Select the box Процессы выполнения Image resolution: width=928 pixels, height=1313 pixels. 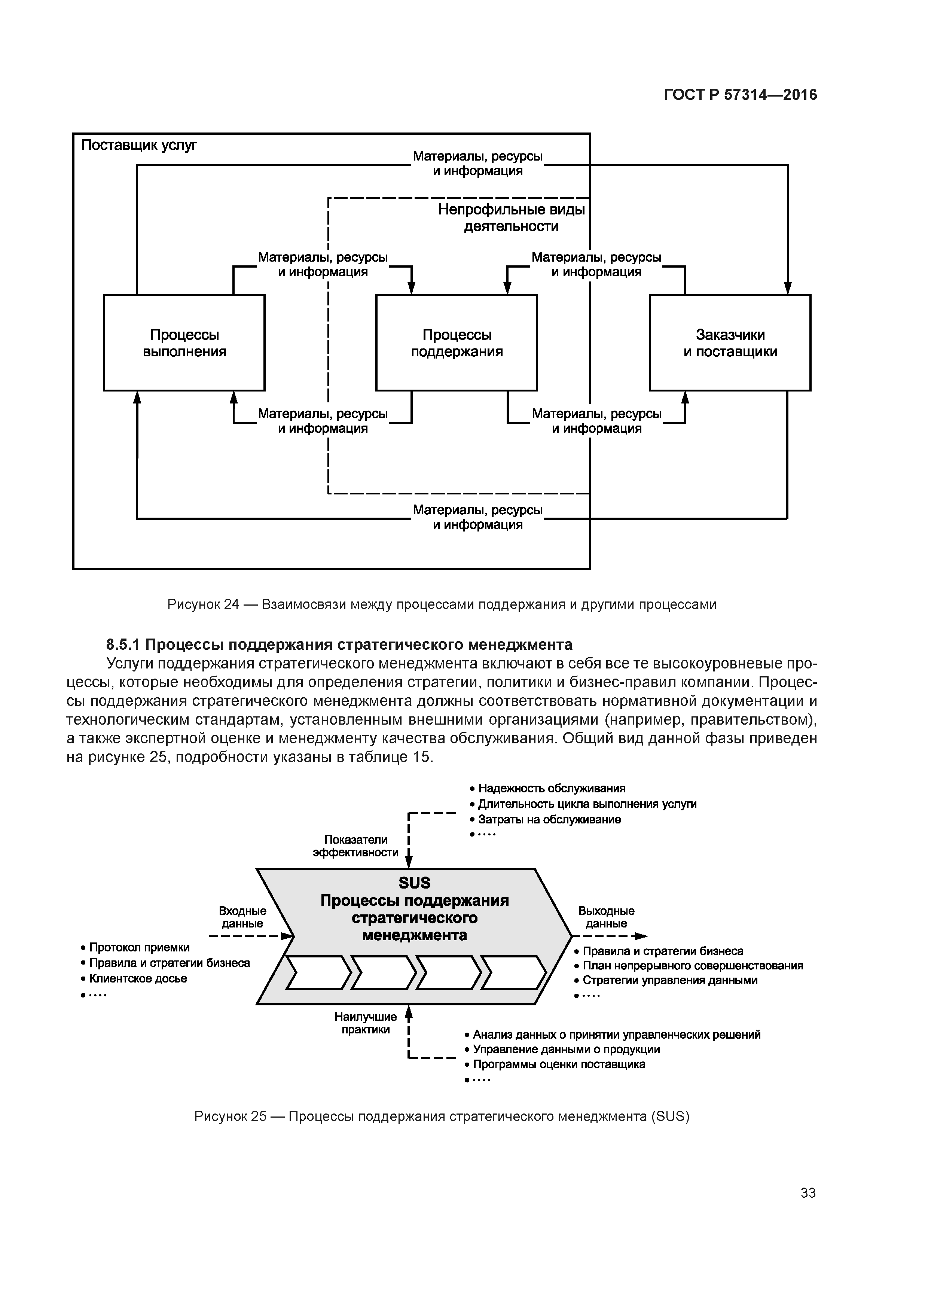[x=184, y=342]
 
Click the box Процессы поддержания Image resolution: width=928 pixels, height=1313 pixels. [x=456, y=342]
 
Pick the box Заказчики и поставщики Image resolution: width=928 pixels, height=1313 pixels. [x=730, y=342]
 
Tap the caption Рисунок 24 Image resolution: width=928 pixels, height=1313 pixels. [x=442, y=604]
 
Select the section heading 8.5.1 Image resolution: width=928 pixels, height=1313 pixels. [x=339, y=645]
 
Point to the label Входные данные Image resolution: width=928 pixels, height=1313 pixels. [x=242, y=917]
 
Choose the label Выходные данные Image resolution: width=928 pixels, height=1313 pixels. [x=606, y=917]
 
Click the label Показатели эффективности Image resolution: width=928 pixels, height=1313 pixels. [x=355, y=846]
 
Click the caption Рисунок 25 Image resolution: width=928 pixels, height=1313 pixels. [x=442, y=1116]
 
